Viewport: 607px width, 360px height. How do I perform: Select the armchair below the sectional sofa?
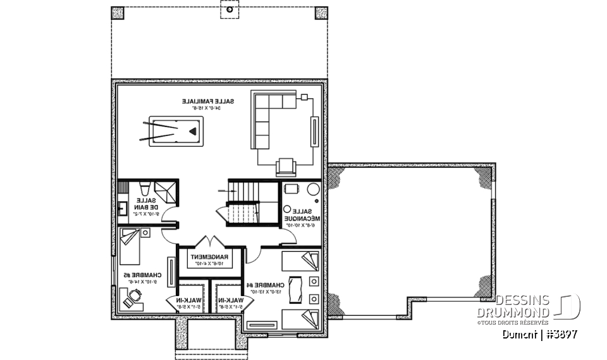pyautogui.click(x=286, y=166)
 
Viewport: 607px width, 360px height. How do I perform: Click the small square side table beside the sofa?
pyautogui.click(x=304, y=97)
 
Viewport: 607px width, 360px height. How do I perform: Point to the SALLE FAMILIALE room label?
pyautogui.click(x=208, y=101)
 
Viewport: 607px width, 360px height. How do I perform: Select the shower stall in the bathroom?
pyautogui.click(x=166, y=190)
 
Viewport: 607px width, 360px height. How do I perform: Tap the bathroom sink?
pyautogui.click(x=123, y=208)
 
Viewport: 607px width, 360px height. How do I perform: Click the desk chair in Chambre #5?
pyautogui.click(x=135, y=295)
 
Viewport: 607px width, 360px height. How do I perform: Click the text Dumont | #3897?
pyautogui.click(x=540, y=334)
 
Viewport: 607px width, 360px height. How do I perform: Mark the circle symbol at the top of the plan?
pyautogui.click(x=230, y=9)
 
